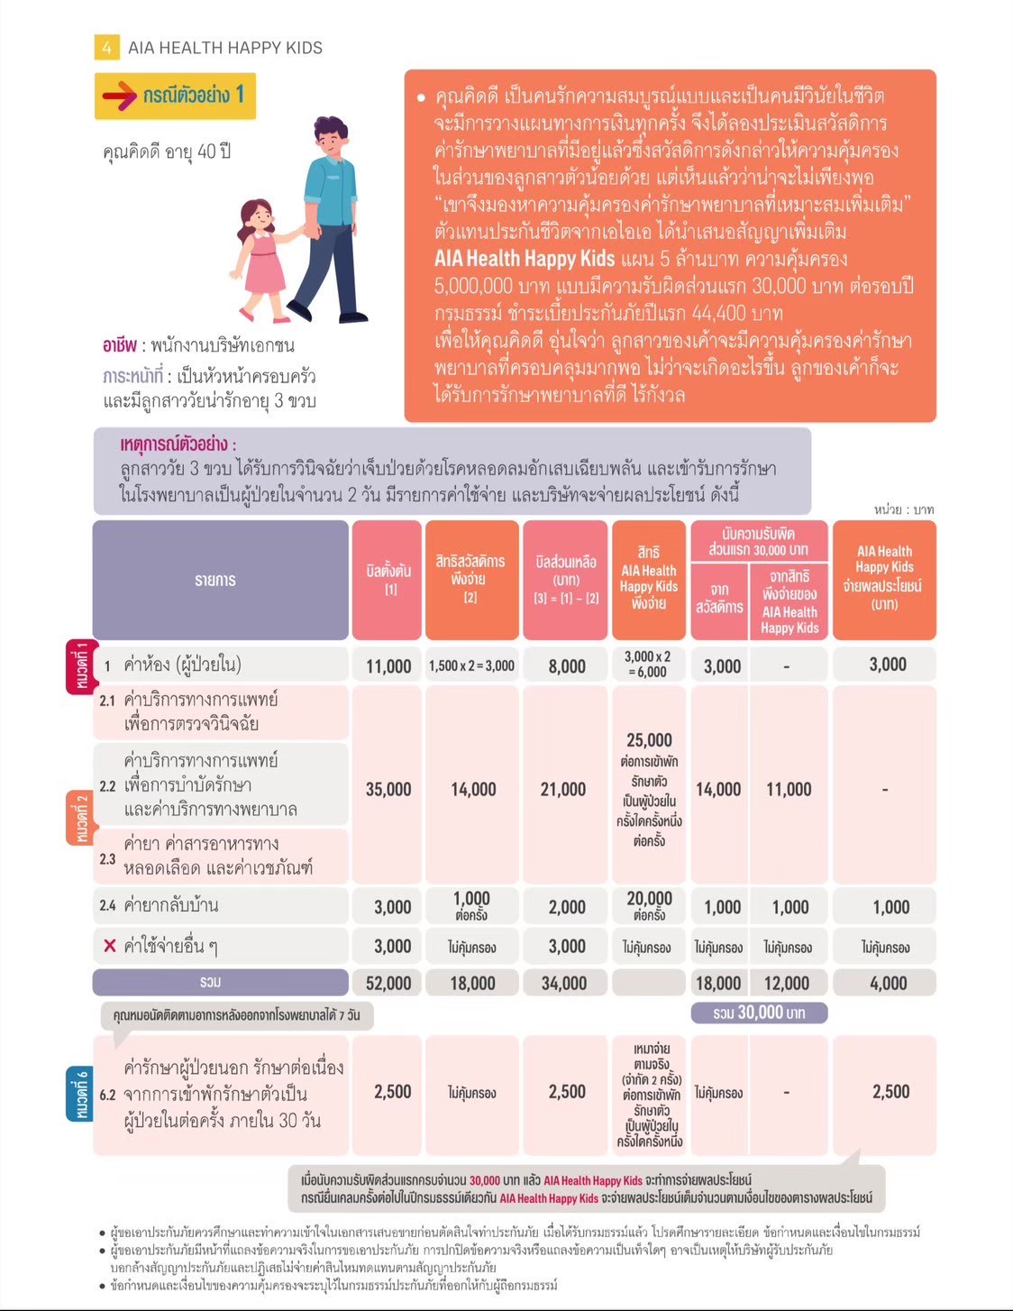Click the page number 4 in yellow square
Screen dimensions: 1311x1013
pyautogui.click(x=106, y=47)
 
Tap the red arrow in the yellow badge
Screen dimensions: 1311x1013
pyautogui.click(x=119, y=96)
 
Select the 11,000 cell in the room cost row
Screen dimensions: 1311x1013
pyautogui.click(x=388, y=666)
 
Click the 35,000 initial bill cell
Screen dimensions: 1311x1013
pyautogui.click(x=388, y=789)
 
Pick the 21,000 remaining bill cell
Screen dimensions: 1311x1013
pyautogui.click(x=563, y=789)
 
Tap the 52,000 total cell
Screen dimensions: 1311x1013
pyautogui.click(x=388, y=983)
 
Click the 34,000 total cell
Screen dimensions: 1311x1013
pyautogui.click(x=564, y=983)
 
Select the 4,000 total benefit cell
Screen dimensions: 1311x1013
pyautogui.click(x=888, y=983)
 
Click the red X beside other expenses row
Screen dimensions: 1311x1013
pyautogui.click(x=110, y=946)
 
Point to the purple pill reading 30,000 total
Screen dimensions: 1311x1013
pyautogui.click(x=759, y=1013)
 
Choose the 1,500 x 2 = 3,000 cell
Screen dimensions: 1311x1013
pyautogui.click(x=471, y=666)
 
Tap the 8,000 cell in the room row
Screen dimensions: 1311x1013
pyautogui.click(x=567, y=666)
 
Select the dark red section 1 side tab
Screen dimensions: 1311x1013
pyautogui.click(x=81, y=667)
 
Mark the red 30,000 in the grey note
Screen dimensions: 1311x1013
pyautogui.click(x=485, y=1180)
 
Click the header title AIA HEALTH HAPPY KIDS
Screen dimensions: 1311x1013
pyautogui.click(x=225, y=48)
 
